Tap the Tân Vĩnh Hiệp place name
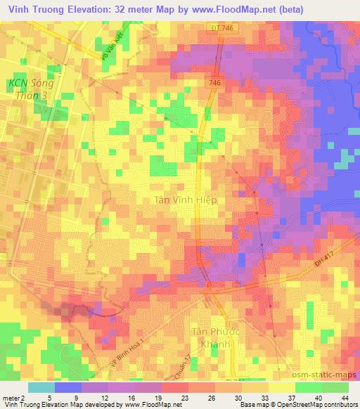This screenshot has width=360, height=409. [x=185, y=200]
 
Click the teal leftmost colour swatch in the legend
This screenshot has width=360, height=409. [x=41, y=387]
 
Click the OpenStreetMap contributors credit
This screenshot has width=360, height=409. [x=323, y=405]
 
